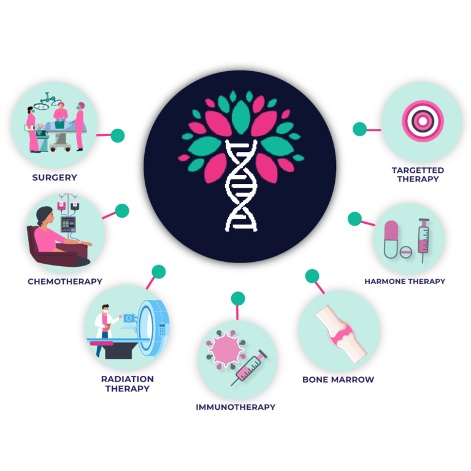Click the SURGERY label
55,178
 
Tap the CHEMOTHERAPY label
65,281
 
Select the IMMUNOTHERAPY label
235,407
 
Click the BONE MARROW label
338,379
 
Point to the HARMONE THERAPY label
405,281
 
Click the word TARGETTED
418,170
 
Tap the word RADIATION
128,379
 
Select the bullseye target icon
421,120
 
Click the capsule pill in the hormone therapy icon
391,239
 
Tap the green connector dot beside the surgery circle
117,136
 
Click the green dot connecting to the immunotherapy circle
238,299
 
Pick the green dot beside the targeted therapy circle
359,129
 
